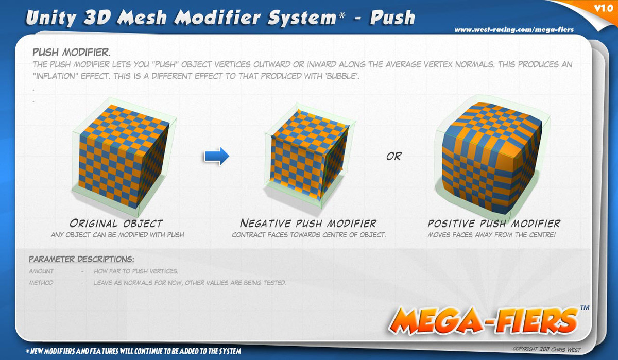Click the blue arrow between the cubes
point(217,156)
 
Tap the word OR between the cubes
point(393,157)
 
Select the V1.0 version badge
point(604,8)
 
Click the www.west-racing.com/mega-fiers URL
point(514,30)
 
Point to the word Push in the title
point(392,18)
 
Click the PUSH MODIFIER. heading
point(72,52)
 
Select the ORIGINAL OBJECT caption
point(116,223)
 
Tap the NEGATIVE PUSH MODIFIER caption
point(308,223)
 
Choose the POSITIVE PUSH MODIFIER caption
point(494,223)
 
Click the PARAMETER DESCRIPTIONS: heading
point(81,259)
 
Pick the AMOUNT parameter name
point(41,271)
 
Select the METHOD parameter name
point(41,283)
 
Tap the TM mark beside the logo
point(585,307)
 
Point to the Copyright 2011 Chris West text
point(546,349)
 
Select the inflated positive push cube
point(491,158)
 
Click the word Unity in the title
point(51,18)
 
